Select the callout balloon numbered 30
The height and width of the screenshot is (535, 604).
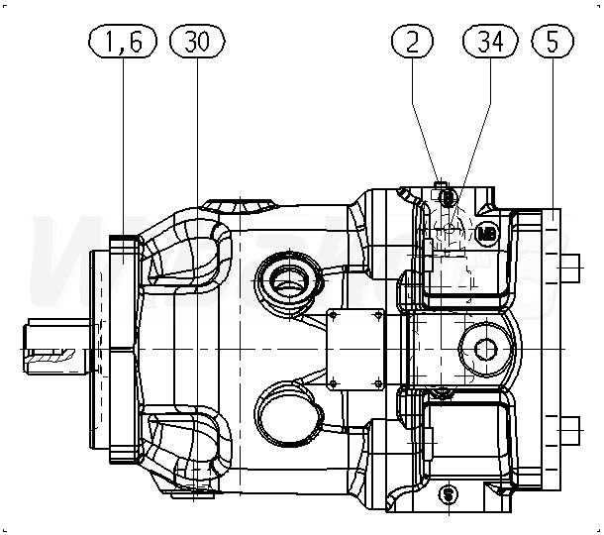tap(197, 41)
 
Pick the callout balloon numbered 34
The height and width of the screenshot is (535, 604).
tap(491, 41)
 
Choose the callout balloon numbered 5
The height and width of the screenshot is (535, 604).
tap(552, 41)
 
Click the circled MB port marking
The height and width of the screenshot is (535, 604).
tap(485, 234)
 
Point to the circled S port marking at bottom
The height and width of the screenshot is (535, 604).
tap(449, 492)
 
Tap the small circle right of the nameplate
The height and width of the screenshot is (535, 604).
tap(484, 348)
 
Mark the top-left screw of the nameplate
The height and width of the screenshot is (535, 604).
tap(333, 314)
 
